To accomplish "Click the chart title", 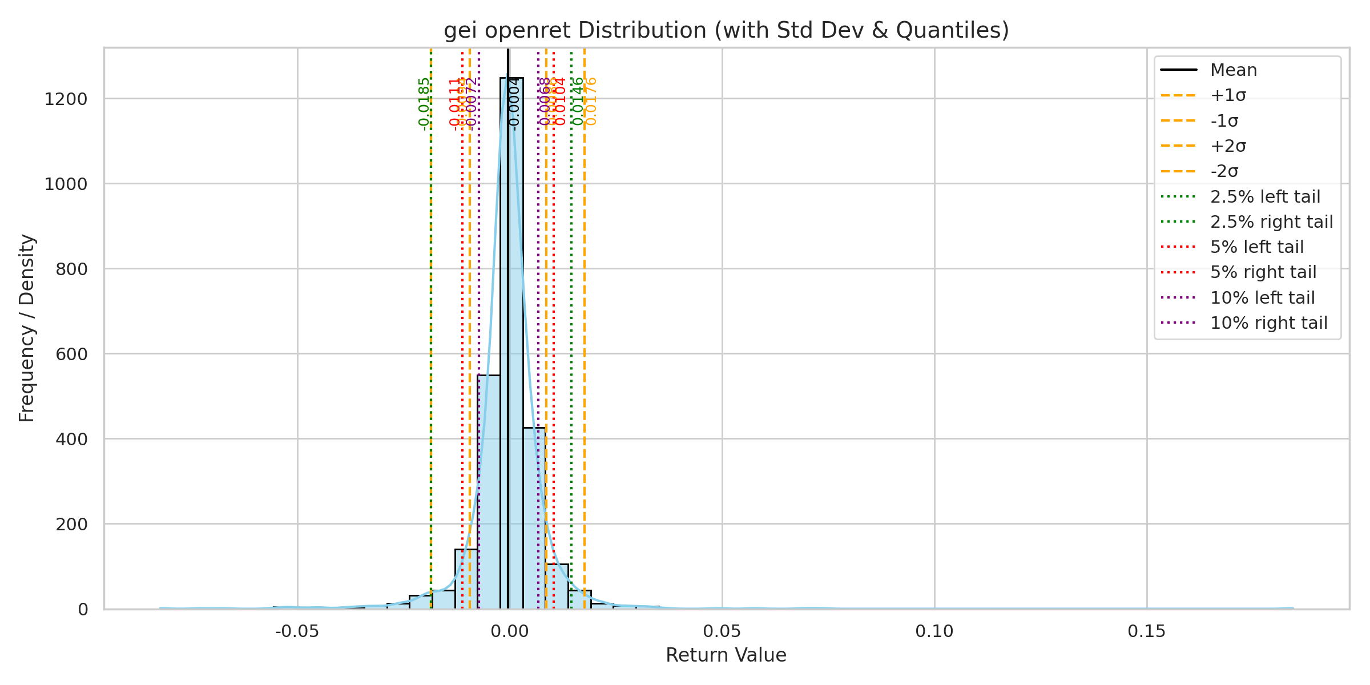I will [726, 30].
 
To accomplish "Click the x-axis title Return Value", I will [726, 655].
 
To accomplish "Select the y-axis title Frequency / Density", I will [27, 328].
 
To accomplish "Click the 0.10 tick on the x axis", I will [934, 631].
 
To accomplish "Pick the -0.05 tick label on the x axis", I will [297, 631].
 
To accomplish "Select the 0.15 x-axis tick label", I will [1147, 631].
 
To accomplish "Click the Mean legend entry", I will [1234, 70].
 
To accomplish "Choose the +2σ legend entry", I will [1228, 146].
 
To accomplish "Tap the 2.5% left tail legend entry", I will [1265, 197].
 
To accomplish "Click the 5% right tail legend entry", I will [1263, 272].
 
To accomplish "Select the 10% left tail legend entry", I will [1262, 298].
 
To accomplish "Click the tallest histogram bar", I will [511, 342].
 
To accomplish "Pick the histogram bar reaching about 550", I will [489, 491].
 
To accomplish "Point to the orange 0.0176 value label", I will [591, 101].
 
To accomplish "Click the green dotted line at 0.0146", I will [571, 342].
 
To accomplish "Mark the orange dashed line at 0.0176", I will [585, 342].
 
